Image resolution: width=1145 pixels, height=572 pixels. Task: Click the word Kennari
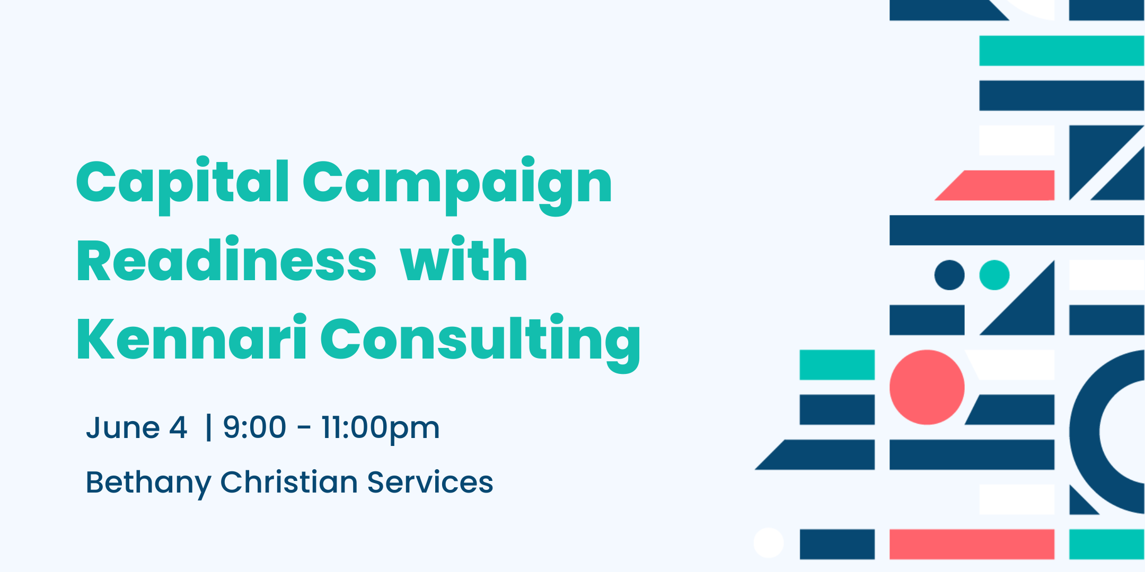coord(192,337)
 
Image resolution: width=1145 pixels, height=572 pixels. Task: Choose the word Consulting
coord(481,342)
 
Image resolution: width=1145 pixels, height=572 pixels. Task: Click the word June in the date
coord(123,427)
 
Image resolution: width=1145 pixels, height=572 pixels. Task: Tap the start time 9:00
coord(254,427)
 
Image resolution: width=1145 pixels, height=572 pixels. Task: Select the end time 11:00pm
coord(381,429)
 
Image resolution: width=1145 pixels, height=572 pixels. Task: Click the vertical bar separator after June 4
coord(208,427)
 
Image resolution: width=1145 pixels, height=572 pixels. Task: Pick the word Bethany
coord(148,484)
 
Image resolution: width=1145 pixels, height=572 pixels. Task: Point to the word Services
coord(430,482)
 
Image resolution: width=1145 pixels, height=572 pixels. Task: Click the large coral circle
coord(927,387)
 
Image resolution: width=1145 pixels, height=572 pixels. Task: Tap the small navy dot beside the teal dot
coord(949,275)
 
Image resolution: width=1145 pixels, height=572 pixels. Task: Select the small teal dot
coord(994,275)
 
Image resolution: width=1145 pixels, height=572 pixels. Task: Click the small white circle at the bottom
coord(769,543)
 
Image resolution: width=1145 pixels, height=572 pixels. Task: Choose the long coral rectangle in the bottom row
coord(972,544)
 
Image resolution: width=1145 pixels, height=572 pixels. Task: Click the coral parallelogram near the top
coord(994,185)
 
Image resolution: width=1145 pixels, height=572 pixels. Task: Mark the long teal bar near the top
coord(1062,51)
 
